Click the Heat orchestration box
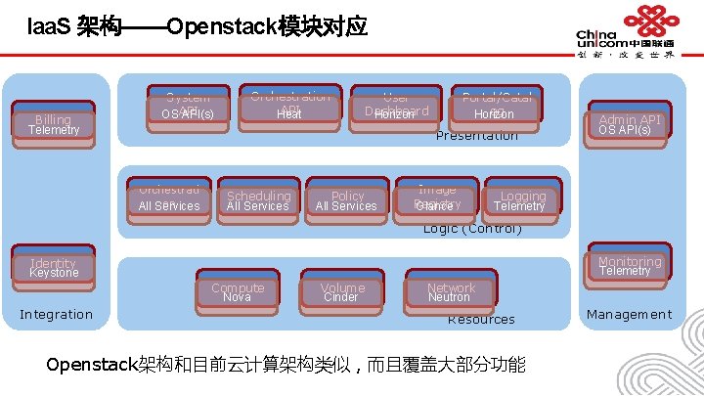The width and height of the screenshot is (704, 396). [x=289, y=108]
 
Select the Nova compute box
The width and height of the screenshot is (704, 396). [x=238, y=291]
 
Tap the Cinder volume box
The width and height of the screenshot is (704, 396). [x=342, y=291]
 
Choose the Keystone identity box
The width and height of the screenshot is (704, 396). [x=54, y=268]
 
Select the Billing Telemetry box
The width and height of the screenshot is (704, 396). [x=54, y=124]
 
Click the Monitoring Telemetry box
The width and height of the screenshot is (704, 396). [x=630, y=265]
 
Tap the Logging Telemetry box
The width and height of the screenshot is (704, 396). [x=522, y=199]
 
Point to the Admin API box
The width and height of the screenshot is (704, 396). [x=630, y=123]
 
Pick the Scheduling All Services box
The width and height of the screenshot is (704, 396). [x=258, y=199]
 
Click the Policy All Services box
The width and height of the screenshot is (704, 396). [x=347, y=199]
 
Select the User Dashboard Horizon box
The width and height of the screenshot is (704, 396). [x=395, y=108]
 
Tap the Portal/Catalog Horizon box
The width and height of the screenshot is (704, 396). [x=495, y=108]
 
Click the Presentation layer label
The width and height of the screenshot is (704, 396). [x=477, y=136]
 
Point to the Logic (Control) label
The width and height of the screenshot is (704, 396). [x=472, y=229]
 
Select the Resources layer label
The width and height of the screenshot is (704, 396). [x=481, y=320]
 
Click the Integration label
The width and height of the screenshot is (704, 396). [x=57, y=314]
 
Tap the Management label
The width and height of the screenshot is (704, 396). [x=630, y=314]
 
